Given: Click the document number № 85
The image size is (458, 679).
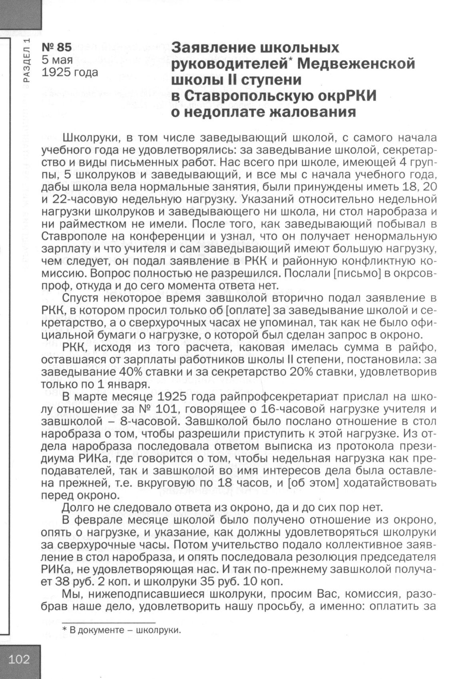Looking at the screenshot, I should point(57,47).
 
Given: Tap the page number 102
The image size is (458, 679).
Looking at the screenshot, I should point(20,659).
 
